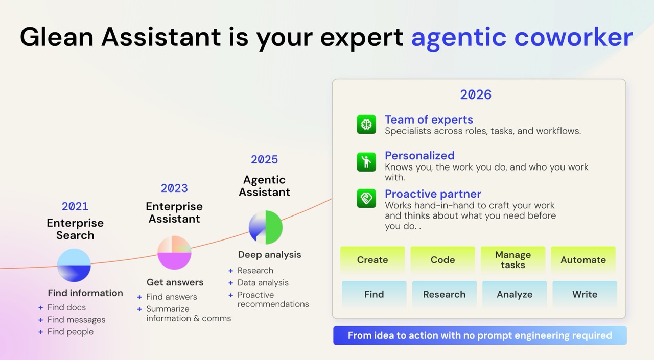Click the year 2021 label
[x=75, y=206]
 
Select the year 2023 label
[x=174, y=188]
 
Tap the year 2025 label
[x=264, y=159]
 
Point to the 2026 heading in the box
[x=475, y=94]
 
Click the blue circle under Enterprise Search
[x=74, y=266]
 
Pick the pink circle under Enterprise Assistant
[x=174, y=252]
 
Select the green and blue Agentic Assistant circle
[x=266, y=227]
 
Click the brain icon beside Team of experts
[x=366, y=125]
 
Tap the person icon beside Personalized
[x=366, y=161]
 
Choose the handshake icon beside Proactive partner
[x=366, y=198]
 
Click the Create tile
[x=372, y=260]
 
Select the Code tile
[x=442, y=260]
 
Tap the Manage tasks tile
[x=513, y=260]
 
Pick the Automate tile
[x=583, y=260]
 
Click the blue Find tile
[x=374, y=294]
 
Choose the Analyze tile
[x=515, y=294]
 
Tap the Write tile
[x=585, y=294]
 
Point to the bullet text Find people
[x=71, y=331]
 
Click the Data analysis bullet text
[x=263, y=282]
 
